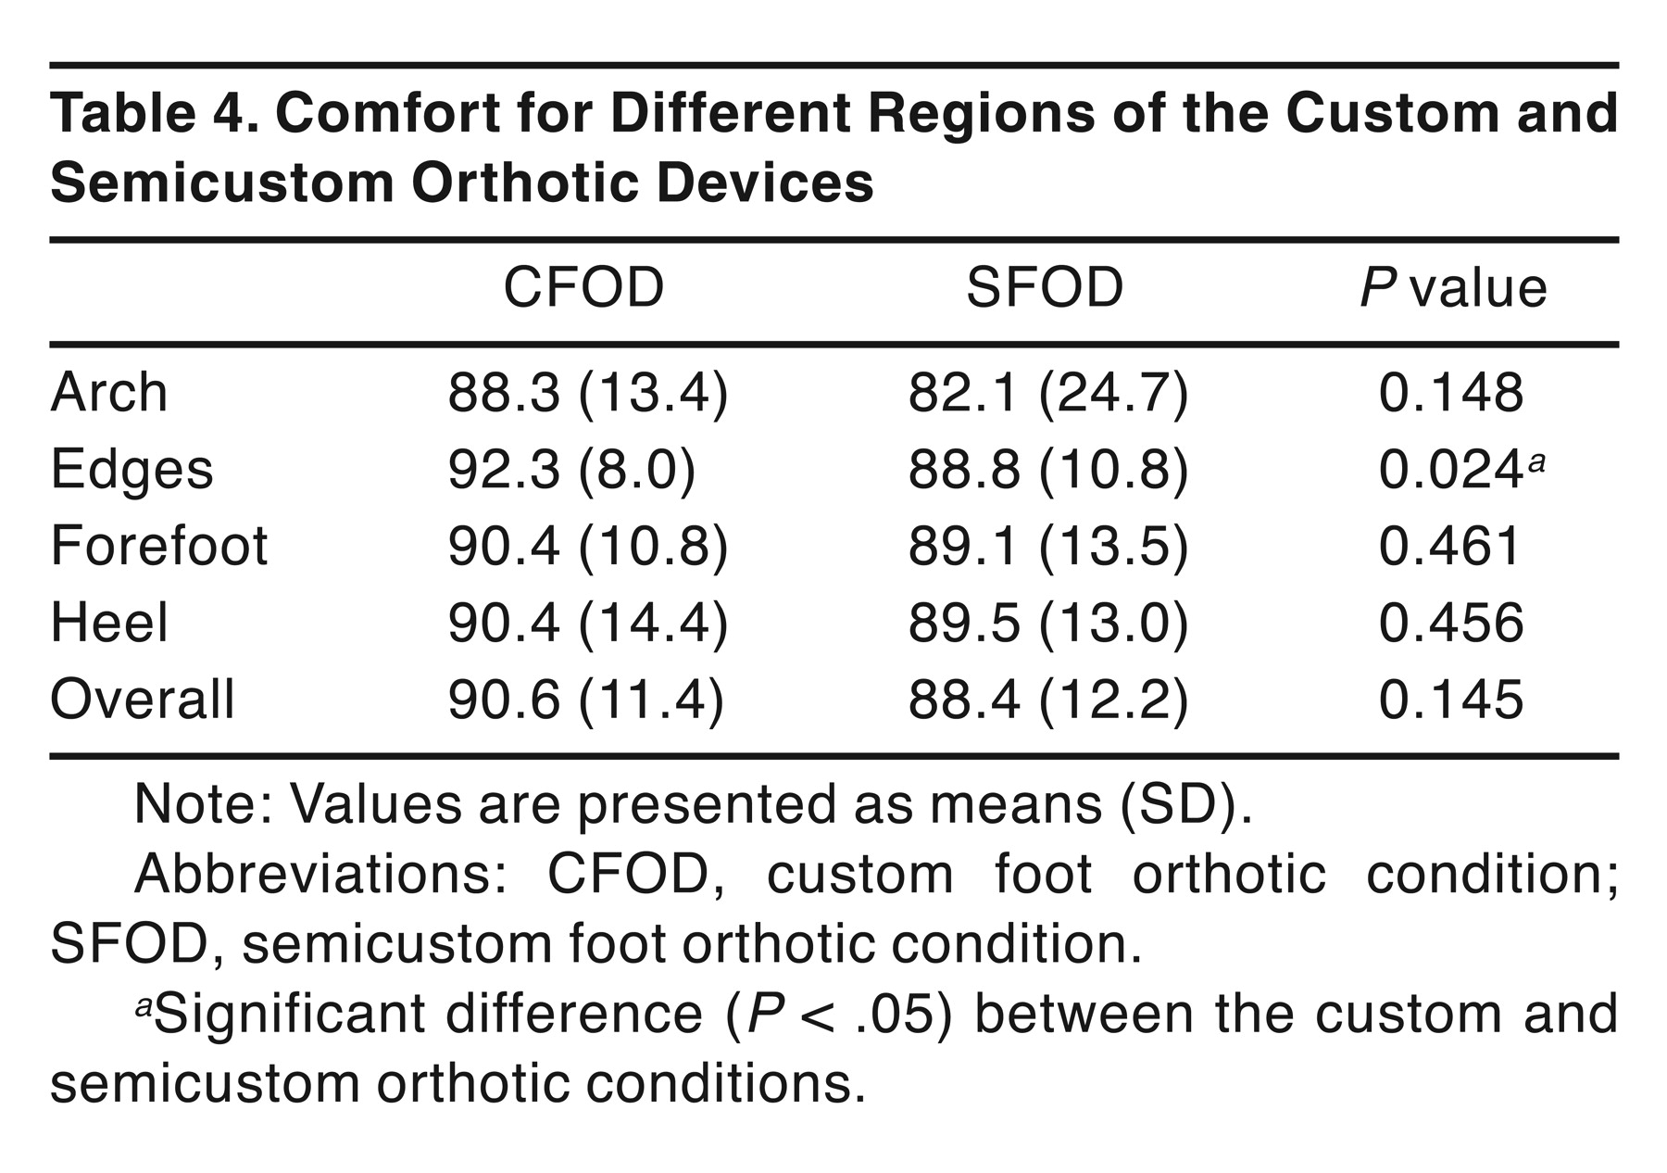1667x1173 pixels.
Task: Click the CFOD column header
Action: coord(583,287)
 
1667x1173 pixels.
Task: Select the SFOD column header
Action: coord(1045,287)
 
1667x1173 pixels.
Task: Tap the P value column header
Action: coord(1453,287)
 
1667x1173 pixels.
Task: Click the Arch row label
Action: coord(109,392)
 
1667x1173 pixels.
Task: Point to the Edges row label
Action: coord(132,470)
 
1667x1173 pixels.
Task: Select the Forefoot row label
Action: coord(159,545)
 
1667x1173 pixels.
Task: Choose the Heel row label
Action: coord(109,622)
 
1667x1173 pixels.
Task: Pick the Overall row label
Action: coord(143,699)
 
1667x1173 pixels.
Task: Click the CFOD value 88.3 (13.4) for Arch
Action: coord(588,393)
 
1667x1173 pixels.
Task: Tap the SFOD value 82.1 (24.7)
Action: coord(1047,393)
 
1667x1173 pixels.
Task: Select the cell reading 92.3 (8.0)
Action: coord(571,470)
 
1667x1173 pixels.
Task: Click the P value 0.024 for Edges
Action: coord(1450,470)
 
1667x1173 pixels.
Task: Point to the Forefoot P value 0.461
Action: coord(1450,546)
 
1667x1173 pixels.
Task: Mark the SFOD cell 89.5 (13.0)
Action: coord(1047,623)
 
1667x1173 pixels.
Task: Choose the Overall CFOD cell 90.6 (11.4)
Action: coord(586,700)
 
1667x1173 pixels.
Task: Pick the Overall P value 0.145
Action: coord(1450,700)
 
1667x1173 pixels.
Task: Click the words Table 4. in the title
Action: coord(153,113)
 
